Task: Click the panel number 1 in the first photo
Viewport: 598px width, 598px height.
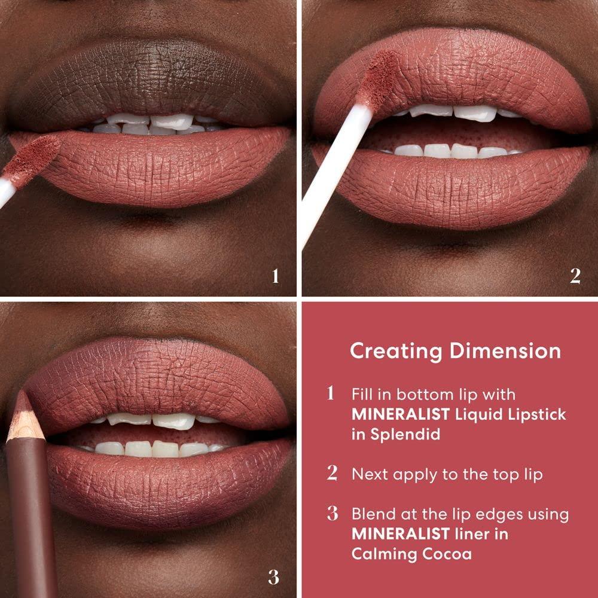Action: pyautogui.click(x=275, y=276)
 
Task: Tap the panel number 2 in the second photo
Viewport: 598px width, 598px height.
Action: pyautogui.click(x=575, y=276)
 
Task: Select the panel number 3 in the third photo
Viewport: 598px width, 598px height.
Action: pyautogui.click(x=273, y=576)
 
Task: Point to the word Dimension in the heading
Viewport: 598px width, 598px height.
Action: pyautogui.click(x=503, y=351)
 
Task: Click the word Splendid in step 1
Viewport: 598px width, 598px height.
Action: pyautogui.click(x=404, y=434)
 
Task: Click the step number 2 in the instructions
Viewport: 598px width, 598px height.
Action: pyautogui.click(x=332, y=474)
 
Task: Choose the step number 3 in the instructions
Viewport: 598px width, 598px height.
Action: pyautogui.click(x=332, y=514)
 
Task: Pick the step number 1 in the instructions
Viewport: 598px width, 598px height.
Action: pyautogui.click(x=331, y=394)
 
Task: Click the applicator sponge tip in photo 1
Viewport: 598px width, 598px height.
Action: pyautogui.click(x=37, y=154)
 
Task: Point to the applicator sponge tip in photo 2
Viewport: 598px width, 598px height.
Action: pyautogui.click(x=380, y=78)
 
